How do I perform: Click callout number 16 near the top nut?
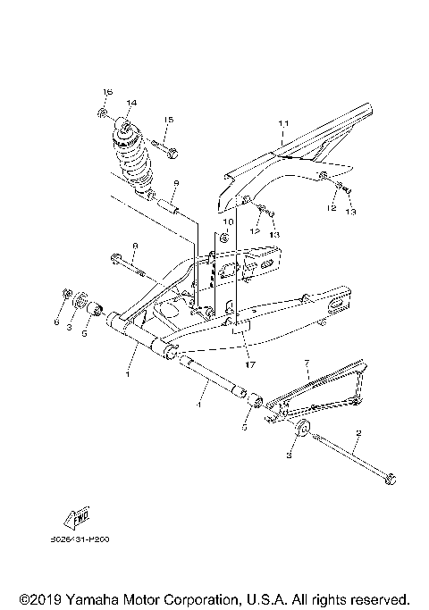click(106, 93)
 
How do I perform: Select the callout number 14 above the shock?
click(131, 104)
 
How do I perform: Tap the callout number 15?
click(167, 121)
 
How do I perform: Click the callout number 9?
click(177, 182)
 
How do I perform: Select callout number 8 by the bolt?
click(135, 246)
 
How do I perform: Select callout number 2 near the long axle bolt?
click(358, 435)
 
